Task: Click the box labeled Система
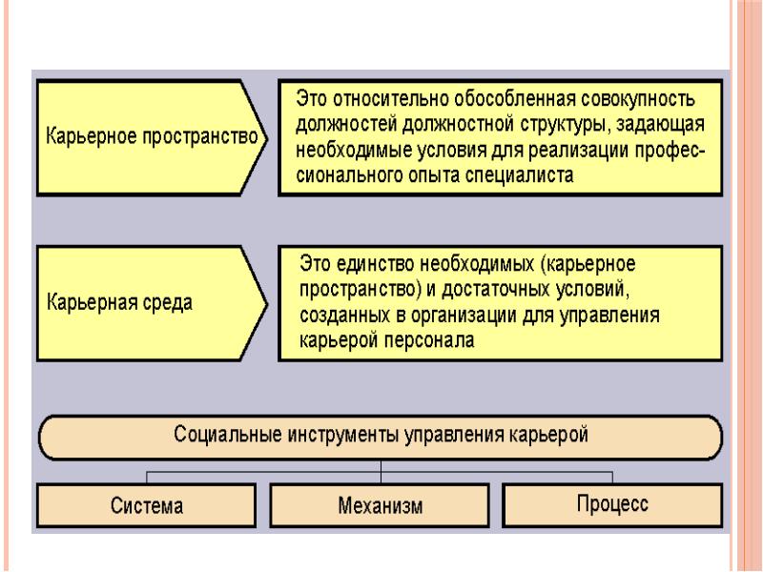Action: click(x=147, y=505)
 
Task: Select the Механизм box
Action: click(x=380, y=505)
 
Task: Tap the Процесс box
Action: click(x=612, y=505)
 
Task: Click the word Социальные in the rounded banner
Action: click(x=228, y=435)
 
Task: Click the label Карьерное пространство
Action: click(x=152, y=136)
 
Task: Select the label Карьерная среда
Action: click(x=120, y=302)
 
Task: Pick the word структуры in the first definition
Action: click(x=565, y=125)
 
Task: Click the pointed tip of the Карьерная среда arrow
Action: click(x=267, y=304)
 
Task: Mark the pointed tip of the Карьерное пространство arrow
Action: click(x=267, y=137)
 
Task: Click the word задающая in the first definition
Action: click(x=660, y=125)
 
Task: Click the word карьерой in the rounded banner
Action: click(x=549, y=435)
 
